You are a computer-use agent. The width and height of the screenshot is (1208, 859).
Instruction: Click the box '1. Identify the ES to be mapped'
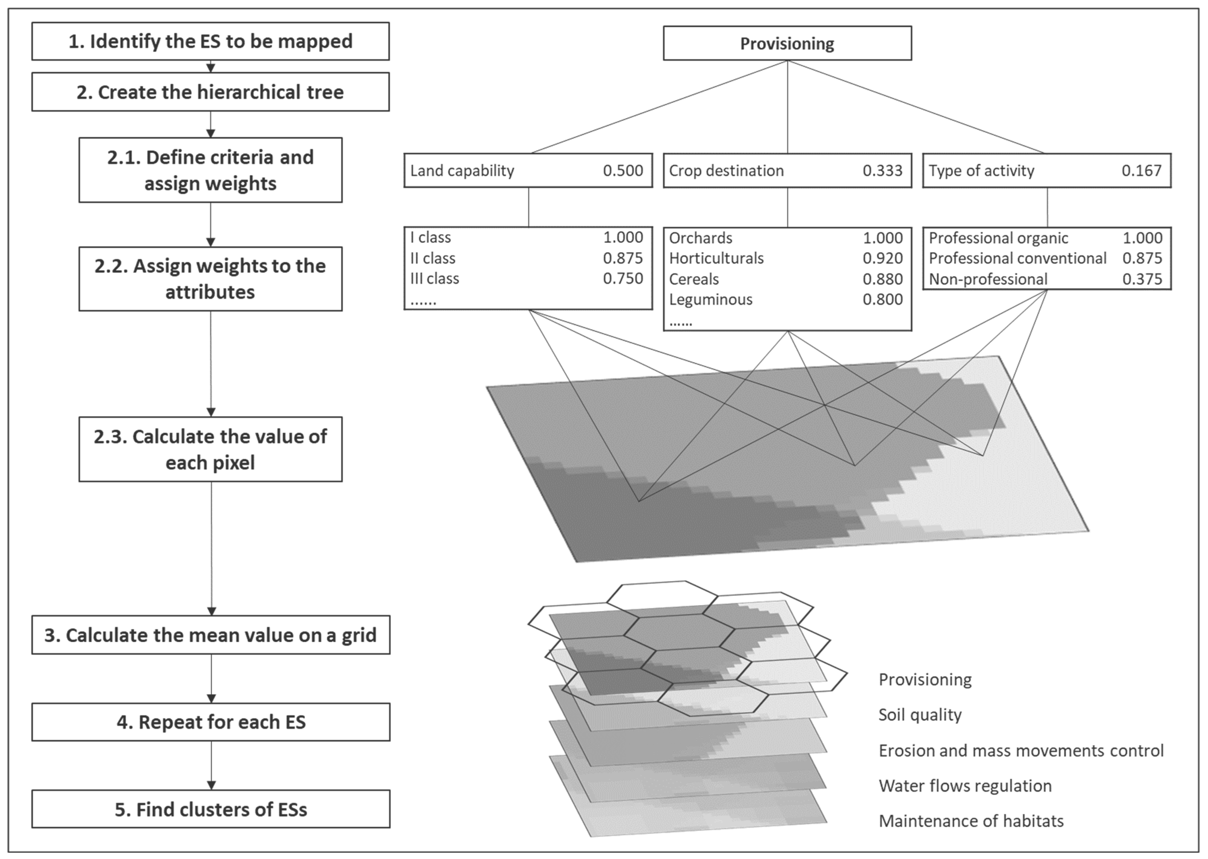pyautogui.click(x=210, y=41)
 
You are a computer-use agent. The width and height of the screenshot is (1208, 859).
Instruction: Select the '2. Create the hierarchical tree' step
pyautogui.click(x=210, y=92)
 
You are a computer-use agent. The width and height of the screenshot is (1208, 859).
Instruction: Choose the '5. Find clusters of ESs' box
pyautogui.click(x=210, y=809)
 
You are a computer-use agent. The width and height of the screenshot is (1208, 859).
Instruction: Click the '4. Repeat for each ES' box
pyautogui.click(x=210, y=722)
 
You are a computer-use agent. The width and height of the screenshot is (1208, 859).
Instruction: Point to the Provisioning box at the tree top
pyautogui.click(x=787, y=43)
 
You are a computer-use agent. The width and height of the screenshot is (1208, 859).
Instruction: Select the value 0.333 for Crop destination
pyautogui.click(x=882, y=170)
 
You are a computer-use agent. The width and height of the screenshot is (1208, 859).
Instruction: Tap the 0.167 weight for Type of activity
pyautogui.click(x=1141, y=170)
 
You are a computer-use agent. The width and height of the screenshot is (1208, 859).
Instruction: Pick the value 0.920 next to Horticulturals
pyautogui.click(x=882, y=258)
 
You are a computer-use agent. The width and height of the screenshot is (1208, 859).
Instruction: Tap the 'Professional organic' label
pyautogui.click(x=998, y=238)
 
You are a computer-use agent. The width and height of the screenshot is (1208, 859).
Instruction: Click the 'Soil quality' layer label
pyautogui.click(x=920, y=715)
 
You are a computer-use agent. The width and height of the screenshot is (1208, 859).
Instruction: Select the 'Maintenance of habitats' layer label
pyautogui.click(x=971, y=821)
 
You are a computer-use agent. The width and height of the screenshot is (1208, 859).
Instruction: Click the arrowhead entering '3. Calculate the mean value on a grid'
pyautogui.click(x=211, y=611)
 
